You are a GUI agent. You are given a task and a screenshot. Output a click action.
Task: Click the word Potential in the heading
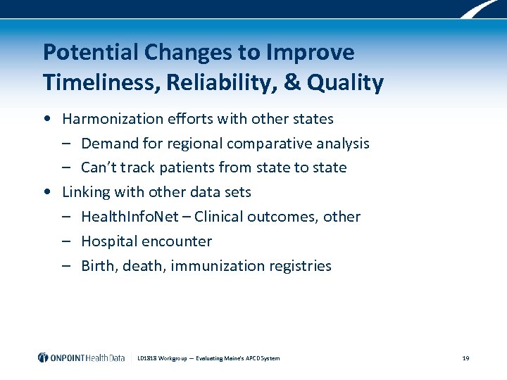(x=92, y=52)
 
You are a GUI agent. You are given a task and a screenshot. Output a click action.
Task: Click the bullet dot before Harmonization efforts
(x=46, y=119)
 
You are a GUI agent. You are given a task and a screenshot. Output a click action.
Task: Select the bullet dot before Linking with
(x=46, y=192)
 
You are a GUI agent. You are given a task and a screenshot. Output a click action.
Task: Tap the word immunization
(x=214, y=266)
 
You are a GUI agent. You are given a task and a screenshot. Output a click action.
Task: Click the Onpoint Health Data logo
(x=81, y=357)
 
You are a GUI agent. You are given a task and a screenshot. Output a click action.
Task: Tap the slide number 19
(x=465, y=358)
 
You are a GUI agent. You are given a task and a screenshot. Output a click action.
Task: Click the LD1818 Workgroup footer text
(x=208, y=358)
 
